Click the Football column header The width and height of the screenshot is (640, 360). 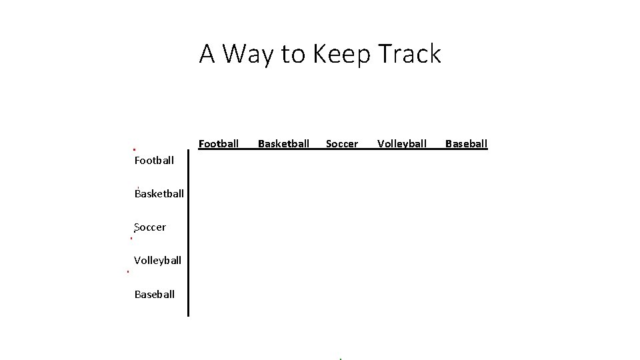click(x=219, y=143)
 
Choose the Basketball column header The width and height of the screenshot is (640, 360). click(x=283, y=143)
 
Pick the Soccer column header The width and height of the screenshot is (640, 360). click(x=342, y=143)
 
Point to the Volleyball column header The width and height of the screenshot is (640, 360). click(x=402, y=143)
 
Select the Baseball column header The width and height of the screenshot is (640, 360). click(x=466, y=143)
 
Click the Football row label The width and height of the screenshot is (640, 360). click(x=154, y=160)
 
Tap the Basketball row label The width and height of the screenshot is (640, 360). click(x=159, y=193)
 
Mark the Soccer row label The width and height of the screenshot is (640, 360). click(x=150, y=227)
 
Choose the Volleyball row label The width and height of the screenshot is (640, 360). click(x=157, y=260)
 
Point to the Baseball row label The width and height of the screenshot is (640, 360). click(x=154, y=294)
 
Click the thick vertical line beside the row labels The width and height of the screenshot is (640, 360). click(x=189, y=233)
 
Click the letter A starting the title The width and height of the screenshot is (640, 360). click(x=207, y=53)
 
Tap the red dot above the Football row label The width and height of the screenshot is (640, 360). click(x=134, y=149)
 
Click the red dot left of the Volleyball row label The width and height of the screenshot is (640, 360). click(x=127, y=271)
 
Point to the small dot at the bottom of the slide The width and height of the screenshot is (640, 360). click(x=340, y=359)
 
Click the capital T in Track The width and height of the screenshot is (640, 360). click(x=385, y=53)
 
